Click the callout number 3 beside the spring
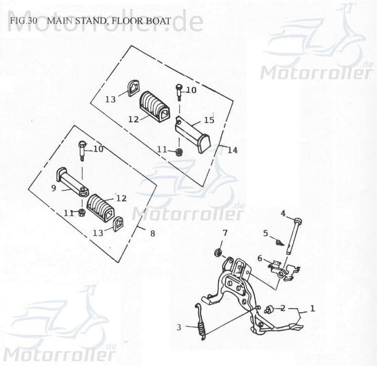[x=179, y=327]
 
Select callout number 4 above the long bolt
[x=283, y=213]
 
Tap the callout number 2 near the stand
[x=283, y=308]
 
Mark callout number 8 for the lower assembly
[x=152, y=234]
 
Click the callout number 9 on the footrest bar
[x=54, y=188]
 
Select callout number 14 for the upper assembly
[x=232, y=150]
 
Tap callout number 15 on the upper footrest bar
[x=209, y=120]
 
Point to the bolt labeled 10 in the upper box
[x=179, y=91]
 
